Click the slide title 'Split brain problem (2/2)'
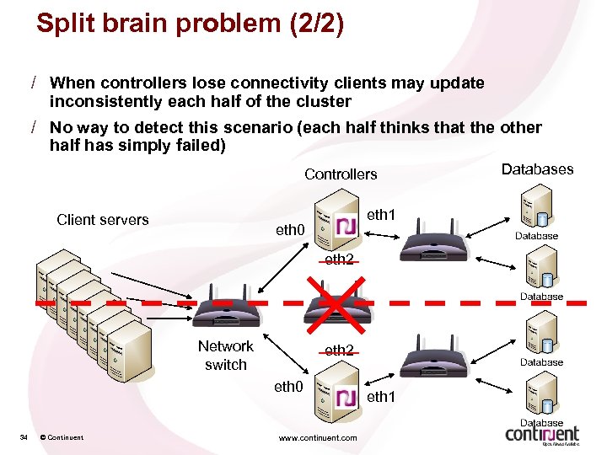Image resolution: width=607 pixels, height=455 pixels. [x=190, y=24]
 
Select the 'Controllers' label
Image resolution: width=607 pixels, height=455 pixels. [x=341, y=174]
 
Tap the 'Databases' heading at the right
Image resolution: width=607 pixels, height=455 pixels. [x=537, y=169]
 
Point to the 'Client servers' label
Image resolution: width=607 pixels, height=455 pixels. [x=102, y=220]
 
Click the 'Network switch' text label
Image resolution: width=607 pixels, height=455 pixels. [x=225, y=356]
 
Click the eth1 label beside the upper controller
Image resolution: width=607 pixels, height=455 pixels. [x=381, y=216]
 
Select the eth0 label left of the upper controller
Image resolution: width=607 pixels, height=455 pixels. [x=290, y=229]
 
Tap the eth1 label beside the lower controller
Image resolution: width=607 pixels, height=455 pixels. [x=380, y=396]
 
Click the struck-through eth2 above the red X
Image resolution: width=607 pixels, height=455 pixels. [x=339, y=260]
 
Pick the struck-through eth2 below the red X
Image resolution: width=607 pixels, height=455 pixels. [x=339, y=350]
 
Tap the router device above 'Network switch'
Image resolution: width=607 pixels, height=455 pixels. [x=220, y=312]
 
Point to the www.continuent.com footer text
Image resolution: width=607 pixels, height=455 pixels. [x=318, y=437]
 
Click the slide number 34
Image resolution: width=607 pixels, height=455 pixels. [x=24, y=437]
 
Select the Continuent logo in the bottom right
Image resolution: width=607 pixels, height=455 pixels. [x=542, y=433]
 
